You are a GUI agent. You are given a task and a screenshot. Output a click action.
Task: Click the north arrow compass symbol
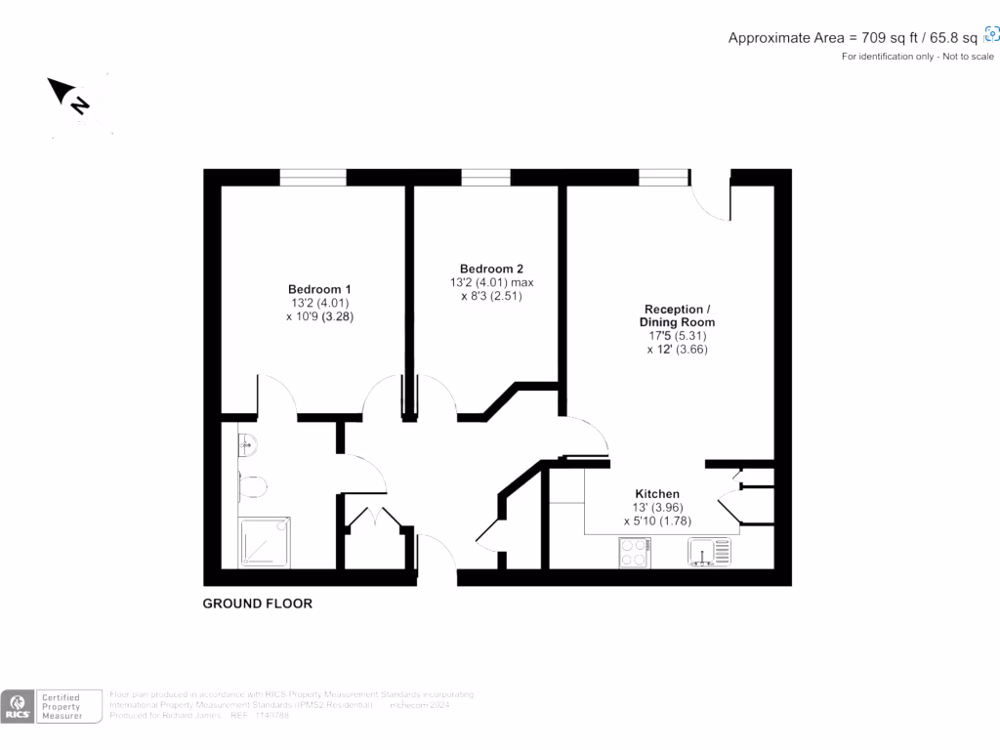70,97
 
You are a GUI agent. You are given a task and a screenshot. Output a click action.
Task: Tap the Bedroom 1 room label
319,289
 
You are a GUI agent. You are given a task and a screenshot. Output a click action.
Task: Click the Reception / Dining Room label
677,315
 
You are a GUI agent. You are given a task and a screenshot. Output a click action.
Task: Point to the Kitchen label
657,494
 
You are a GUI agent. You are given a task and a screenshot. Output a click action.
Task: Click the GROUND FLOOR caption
258,604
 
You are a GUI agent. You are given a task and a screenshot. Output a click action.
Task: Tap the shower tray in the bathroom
265,543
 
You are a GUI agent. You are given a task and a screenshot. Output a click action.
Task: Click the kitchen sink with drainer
708,553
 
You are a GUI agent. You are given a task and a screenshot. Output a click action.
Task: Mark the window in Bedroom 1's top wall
313,177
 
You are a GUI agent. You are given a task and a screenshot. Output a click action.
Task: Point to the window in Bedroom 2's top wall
485,177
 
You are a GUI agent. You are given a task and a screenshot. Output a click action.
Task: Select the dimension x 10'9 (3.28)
319,316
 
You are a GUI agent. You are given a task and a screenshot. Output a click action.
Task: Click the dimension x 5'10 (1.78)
657,521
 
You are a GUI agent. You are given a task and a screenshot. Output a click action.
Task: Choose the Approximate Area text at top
853,38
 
